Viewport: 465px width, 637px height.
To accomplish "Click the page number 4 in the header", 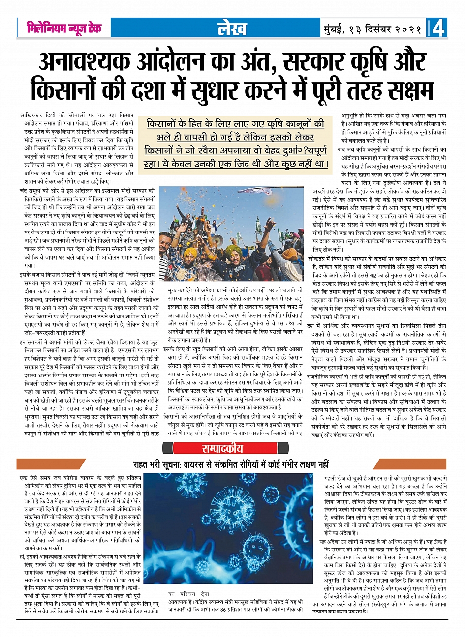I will [x=438, y=28].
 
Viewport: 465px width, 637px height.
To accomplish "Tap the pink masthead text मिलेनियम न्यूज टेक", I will [x=64, y=28].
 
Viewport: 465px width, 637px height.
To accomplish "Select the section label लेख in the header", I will [x=232, y=29].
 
